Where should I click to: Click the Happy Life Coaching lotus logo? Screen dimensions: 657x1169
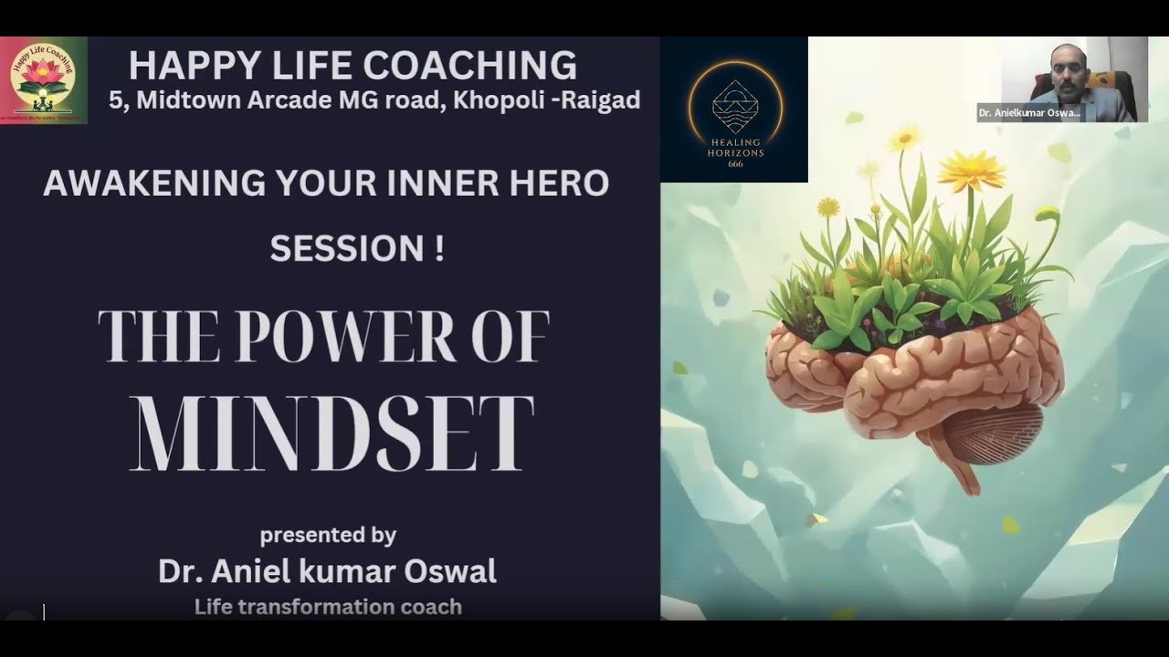click(43, 79)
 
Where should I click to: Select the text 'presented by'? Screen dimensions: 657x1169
click(328, 535)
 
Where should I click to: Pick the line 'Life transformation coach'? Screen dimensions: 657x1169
click(328, 607)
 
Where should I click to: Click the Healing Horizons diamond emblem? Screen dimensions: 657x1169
click(734, 103)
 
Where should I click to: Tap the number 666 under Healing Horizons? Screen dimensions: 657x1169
click(734, 164)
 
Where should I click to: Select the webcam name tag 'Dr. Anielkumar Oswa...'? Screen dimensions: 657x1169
click(1029, 113)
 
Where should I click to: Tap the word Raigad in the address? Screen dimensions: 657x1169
click(600, 99)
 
